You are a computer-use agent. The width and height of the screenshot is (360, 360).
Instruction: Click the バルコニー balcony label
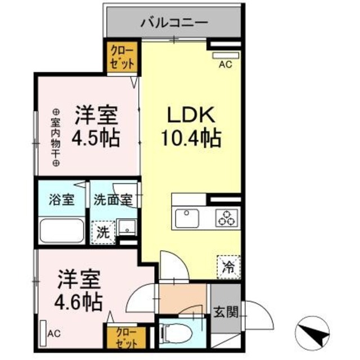tap(174, 24)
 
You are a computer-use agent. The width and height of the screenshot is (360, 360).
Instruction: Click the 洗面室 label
tap(112, 200)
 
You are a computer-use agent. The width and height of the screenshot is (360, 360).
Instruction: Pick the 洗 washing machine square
tap(102, 232)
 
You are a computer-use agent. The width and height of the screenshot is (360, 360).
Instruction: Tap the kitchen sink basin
tap(187, 218)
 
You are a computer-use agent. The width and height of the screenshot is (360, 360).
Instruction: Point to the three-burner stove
tap(227, 218)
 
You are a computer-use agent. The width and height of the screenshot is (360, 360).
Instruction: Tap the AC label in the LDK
tap(225, 64)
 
